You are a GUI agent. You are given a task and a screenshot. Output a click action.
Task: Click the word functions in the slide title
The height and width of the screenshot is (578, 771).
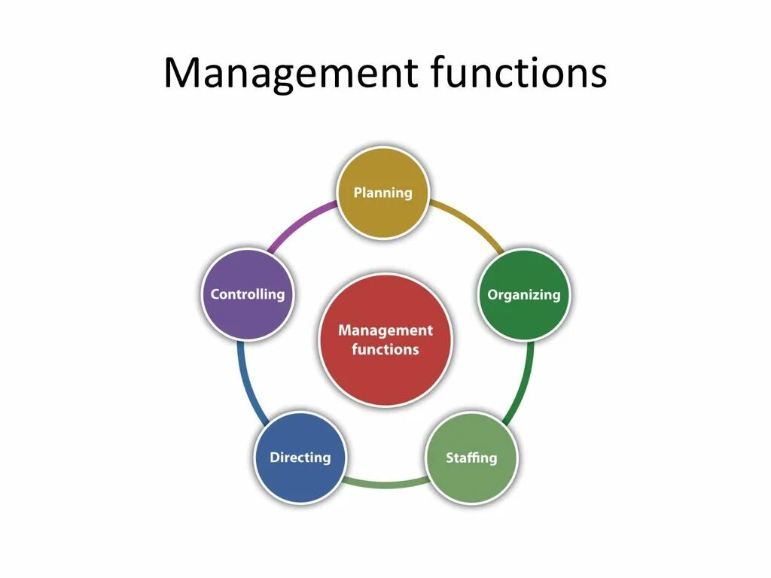tap(520, 74)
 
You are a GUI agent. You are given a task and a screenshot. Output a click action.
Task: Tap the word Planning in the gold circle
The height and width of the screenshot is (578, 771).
tap(383, 193)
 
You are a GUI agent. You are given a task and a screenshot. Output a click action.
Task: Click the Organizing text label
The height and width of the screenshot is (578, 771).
tap(524, 294)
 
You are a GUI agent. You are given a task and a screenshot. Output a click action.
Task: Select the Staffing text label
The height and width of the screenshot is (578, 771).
tap(471, 457)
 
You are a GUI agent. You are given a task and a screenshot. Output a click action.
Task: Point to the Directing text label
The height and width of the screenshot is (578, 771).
tap(300, 457)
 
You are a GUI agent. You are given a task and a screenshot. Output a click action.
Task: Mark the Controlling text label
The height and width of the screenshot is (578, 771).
tap(248, 294)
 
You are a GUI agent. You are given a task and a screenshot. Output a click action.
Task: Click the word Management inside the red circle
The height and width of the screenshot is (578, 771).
tap(385, 330)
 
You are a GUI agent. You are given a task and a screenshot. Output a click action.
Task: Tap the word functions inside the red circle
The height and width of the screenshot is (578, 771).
tap(385, 349)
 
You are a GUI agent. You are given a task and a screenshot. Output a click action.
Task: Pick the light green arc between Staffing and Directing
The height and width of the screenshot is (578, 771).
tap(385, 482)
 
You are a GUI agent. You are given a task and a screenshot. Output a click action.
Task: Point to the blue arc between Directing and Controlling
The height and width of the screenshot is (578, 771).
tap(247, 384)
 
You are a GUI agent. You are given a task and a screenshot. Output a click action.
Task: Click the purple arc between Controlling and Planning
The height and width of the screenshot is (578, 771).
tap(300, 221)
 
